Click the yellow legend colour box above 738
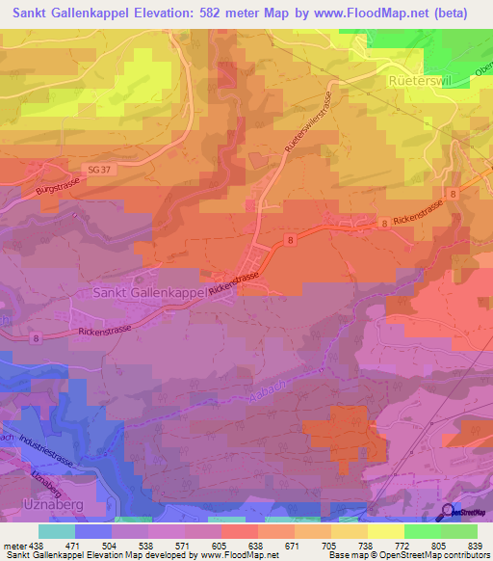point(349,531)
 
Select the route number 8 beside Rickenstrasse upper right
point(384,223)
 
